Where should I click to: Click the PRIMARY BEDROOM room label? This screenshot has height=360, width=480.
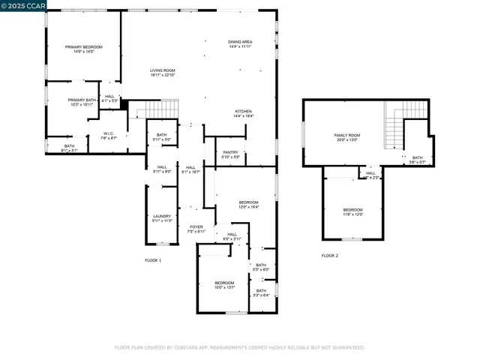(x=83, y=49)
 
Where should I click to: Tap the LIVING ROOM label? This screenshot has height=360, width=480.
(x=162, y=72)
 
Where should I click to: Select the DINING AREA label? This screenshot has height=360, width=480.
(x=240, y=44)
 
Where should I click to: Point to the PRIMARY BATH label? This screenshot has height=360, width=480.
(x=82, y=102)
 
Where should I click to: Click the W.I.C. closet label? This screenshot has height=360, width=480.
(x=109, y=136)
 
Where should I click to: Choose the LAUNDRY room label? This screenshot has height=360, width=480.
(x=162, y=218)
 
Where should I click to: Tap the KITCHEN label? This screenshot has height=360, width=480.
(x=244, y=113)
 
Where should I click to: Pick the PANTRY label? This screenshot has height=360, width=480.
(x=231, y=154)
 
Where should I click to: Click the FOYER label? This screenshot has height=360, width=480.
(x=196, y=229)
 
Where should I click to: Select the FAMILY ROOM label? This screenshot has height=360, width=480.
(x=346, y=137)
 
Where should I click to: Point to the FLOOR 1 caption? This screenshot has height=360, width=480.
(x=153, y=260)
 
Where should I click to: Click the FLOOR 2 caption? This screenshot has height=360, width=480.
(x=330, y=256)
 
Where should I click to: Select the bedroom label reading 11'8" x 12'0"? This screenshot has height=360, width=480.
(x=352, y=212)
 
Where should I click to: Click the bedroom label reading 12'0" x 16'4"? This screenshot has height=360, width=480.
(x=248, y=205)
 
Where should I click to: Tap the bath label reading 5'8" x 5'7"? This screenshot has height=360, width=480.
(x=417, y=160)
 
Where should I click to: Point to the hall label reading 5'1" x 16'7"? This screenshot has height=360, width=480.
(x=190, y=169)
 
